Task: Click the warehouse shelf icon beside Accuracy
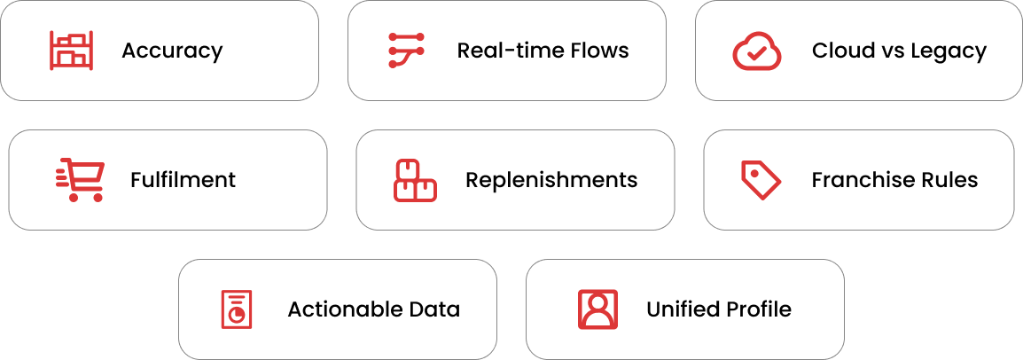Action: click(71, 51)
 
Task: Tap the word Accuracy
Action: click(172, 51)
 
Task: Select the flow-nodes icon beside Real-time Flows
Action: click(407, 51)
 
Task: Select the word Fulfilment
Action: click(183, 180)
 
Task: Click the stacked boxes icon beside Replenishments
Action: click(415, 180)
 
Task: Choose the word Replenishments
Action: click(551, 180)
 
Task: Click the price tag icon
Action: click(760, 180)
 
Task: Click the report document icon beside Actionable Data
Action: click(236, 309)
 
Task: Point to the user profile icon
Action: click(597, 309)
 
